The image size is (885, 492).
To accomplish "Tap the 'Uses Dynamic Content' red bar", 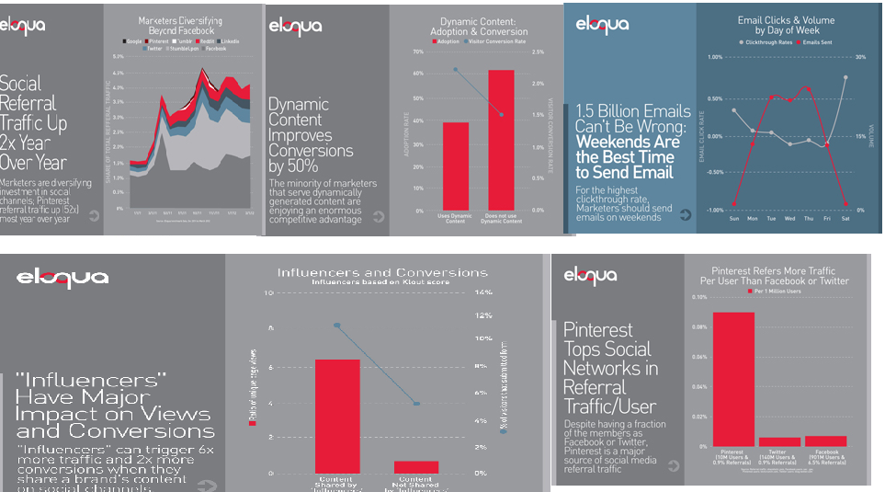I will pyautogui.click(x=456, y=166).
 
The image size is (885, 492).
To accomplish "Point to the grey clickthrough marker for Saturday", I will pyautogui.click(x=845, y=77).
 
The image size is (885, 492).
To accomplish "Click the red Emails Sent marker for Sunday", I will pyautogui.click(x=733, y=203).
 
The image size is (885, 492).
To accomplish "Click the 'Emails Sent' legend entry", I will pyautogui.click(x=818, y=42).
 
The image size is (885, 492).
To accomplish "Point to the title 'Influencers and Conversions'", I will pyautogui.click(x=382, y=272).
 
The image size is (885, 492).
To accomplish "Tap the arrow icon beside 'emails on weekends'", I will pyautogui.click(x=684, y=215).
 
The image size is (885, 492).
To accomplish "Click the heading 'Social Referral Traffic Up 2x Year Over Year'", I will pyautogui.click(x=34, y=122).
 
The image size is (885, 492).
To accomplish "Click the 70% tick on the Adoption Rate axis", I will pyautogui.click(x=417, y=52).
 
